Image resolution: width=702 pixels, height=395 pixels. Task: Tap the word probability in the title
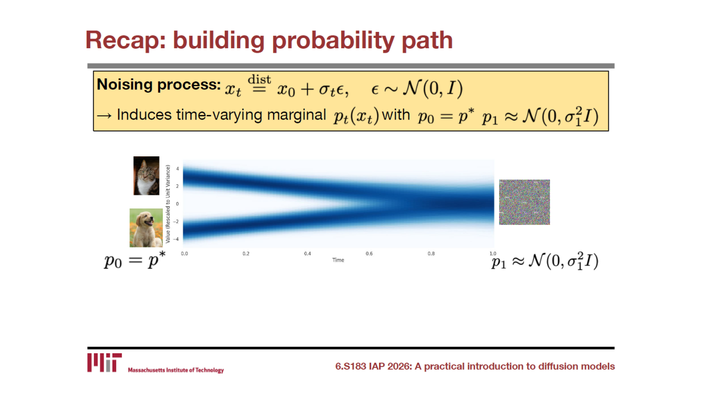[x=333, y=41]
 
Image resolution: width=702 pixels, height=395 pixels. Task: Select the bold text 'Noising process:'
[x=158, y=84]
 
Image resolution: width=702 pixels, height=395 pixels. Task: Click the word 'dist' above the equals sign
[x=259, y=80]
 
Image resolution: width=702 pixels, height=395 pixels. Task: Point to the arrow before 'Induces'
[x=104, y=116]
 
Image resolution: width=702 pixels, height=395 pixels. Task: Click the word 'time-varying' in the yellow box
[x=219, y=115]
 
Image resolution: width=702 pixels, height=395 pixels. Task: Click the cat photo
[x=146, y=176]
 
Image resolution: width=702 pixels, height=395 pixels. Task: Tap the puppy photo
[x=146, y=228]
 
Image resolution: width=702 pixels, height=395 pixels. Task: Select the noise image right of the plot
[x=524, y=202]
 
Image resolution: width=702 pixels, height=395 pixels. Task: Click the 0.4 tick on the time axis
[x=308, y=253]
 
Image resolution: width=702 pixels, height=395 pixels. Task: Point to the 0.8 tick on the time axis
[x=431, y=253]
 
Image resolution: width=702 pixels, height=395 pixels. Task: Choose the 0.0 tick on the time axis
[x=184, y=253]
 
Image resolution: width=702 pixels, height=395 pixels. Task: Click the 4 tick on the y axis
[x=177, y=168]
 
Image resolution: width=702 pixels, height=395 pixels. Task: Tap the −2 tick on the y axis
[x=176, y=222]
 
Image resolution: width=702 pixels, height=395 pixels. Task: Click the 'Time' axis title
[x=338, y=260]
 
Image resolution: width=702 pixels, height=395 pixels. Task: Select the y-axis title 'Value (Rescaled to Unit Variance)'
[x=168, y=204]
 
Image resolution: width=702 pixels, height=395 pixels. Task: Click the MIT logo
[x=104, y=363]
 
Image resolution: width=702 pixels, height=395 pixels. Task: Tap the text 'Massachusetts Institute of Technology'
[x=176, y=370]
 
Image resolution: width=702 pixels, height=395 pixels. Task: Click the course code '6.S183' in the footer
[x=350, y=366]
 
